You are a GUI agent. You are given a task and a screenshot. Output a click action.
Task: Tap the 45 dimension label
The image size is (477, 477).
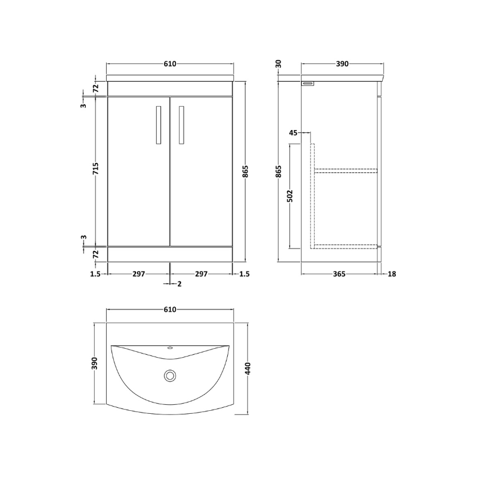293,133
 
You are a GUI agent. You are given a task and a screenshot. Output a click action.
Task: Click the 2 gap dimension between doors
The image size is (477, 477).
179,284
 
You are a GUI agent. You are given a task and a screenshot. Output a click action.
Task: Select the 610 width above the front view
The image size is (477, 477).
170,64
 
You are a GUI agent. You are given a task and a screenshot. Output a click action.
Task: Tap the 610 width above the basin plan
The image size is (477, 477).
170,309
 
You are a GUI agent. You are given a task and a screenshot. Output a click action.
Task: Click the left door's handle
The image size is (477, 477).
157,125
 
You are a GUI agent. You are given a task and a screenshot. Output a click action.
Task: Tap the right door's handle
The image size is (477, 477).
181,125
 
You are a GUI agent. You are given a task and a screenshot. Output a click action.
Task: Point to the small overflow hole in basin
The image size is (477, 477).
171,348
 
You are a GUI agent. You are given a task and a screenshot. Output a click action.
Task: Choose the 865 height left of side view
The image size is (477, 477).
278,171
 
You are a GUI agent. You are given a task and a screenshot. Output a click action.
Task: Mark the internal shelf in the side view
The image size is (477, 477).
345,171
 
